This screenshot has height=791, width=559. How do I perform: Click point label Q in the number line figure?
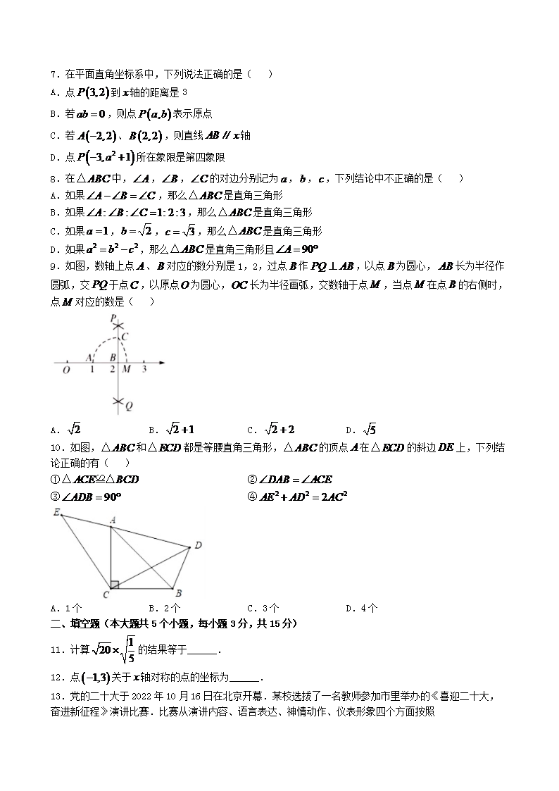129,406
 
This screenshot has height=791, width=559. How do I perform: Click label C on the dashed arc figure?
125,337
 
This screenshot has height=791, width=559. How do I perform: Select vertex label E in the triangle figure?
56,512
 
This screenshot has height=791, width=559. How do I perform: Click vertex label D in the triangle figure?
199,544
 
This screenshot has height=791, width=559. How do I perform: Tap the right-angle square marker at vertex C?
114,585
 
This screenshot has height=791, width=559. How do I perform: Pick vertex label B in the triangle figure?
179,593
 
